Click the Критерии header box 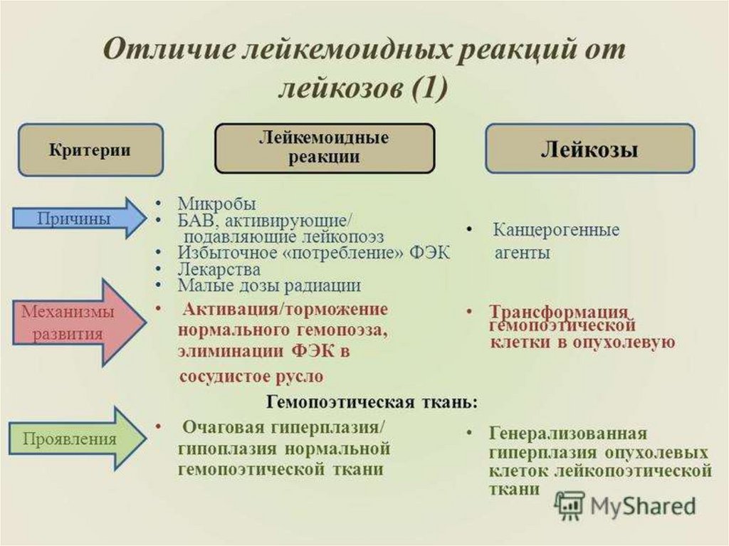[x=90, y=150]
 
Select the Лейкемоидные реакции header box [x=324, y=147]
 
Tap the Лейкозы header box [x=589, y=149]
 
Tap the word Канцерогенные [x=556, y=231]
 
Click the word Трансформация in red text [x=559, y=313]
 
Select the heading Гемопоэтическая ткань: [x=372, y=402]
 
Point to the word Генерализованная [x=567, y=434]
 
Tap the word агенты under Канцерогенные [x=522, y=253]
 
